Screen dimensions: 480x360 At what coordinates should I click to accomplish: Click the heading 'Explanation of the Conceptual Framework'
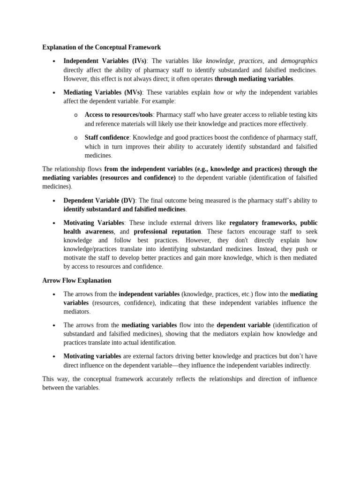102,47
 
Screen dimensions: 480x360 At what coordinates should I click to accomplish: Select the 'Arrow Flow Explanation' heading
77,280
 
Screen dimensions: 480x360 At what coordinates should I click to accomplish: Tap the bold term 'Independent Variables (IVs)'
105,61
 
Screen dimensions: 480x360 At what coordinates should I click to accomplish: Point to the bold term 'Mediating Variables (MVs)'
103,92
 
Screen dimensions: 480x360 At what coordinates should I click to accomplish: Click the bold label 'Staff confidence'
106,137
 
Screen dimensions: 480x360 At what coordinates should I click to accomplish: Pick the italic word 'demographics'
299,61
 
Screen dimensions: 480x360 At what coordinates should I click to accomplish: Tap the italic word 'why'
240,92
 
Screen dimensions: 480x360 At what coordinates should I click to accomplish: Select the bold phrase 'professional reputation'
167,232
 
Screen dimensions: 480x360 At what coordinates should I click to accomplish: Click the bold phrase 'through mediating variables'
254,79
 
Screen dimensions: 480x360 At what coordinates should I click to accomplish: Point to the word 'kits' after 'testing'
312,115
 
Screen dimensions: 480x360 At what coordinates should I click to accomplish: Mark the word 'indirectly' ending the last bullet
294,366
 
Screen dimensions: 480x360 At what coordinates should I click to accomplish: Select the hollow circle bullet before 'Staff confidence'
75,138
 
